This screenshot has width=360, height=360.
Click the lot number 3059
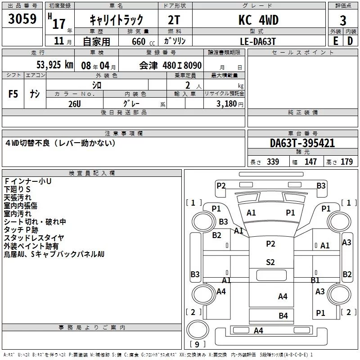[22, 19]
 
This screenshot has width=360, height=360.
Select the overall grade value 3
[343, 21]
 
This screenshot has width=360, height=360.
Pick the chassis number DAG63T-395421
[302, 144]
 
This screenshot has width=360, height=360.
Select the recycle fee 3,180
[227, 104]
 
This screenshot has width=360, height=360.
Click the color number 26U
[74, 104]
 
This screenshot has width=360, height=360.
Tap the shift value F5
[13, 94]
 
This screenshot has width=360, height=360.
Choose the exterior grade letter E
[335, 41]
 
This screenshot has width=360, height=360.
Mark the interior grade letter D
[350, 41]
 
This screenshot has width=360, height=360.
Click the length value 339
[273, 162]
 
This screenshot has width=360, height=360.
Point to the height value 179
[346, 162]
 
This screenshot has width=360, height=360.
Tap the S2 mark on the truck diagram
[270, 262]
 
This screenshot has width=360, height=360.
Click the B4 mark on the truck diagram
[283, 316]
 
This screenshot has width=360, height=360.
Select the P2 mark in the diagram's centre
[270, 243]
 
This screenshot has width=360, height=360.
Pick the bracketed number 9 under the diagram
[196, 345]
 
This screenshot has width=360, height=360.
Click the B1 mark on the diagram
[315, 280]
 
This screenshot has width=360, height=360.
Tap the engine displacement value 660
[139, 41]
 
